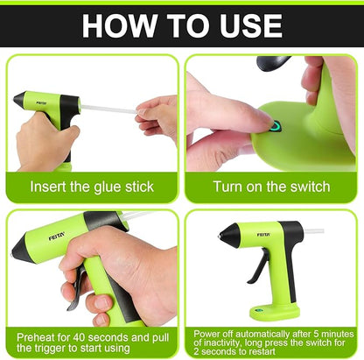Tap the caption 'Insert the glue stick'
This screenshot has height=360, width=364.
click(91, 187)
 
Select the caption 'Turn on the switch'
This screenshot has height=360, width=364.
click(272, 187)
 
